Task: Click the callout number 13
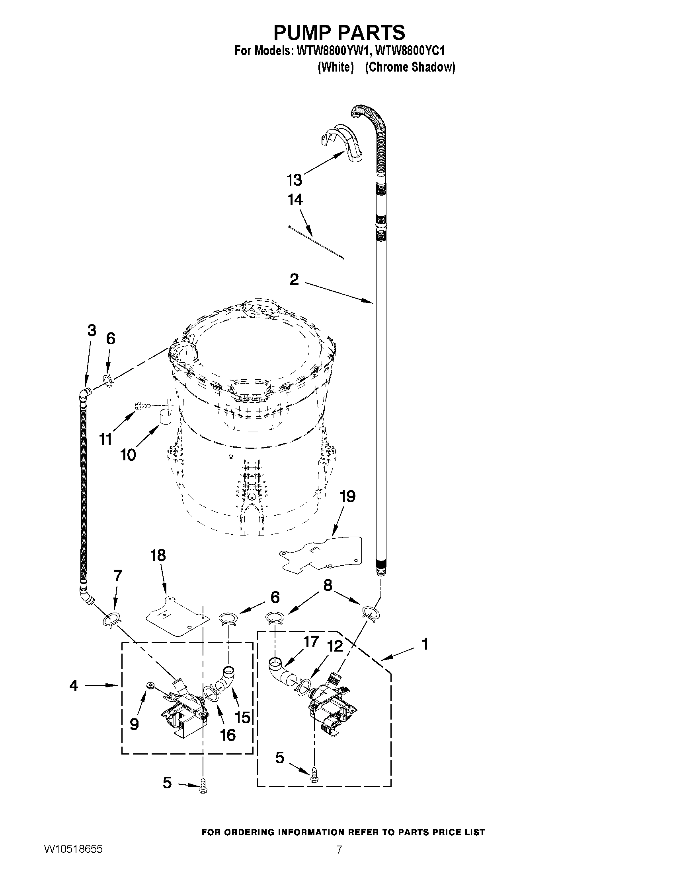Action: coord(294,180)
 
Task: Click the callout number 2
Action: coord(294,279)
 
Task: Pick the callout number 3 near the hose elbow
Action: coord(92,330)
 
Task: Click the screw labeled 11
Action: coord(143,405)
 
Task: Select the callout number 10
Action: coord(128,455)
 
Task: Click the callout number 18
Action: coord(158,556)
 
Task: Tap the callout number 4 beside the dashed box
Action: coord(73,685)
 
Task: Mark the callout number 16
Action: coord(228,735)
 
